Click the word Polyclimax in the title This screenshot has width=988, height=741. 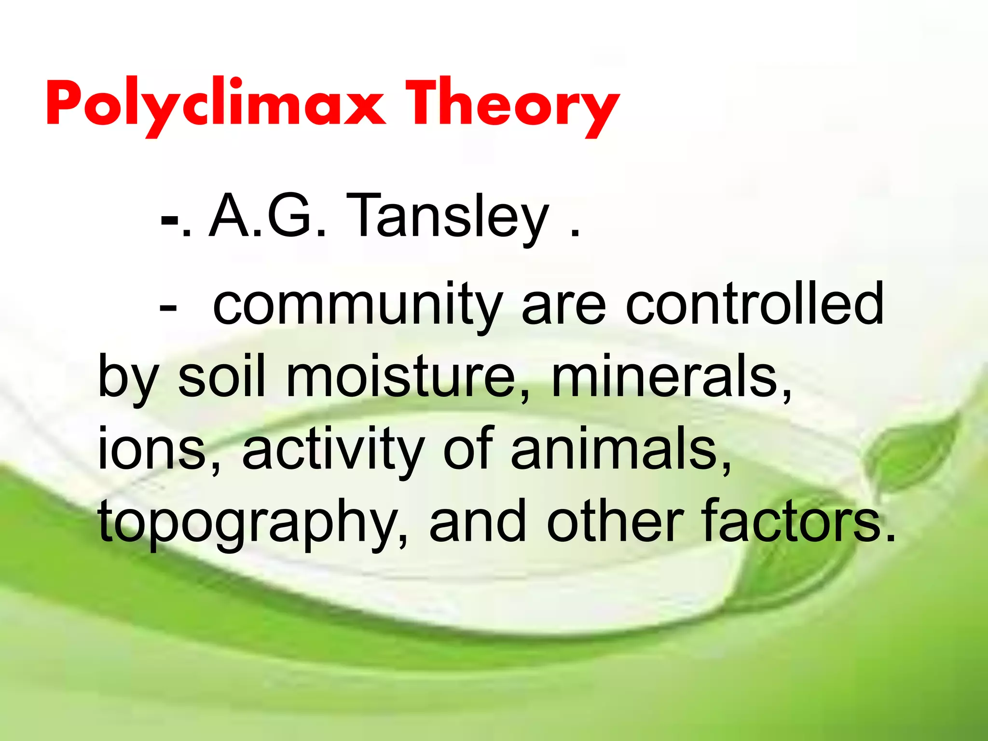tap(215, 104)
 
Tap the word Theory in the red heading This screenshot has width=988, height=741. tap(511, 104)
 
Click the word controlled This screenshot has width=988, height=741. tap(755, 304)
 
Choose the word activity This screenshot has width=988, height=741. tap(333, 451)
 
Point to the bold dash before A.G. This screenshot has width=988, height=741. tap(169, 223)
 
